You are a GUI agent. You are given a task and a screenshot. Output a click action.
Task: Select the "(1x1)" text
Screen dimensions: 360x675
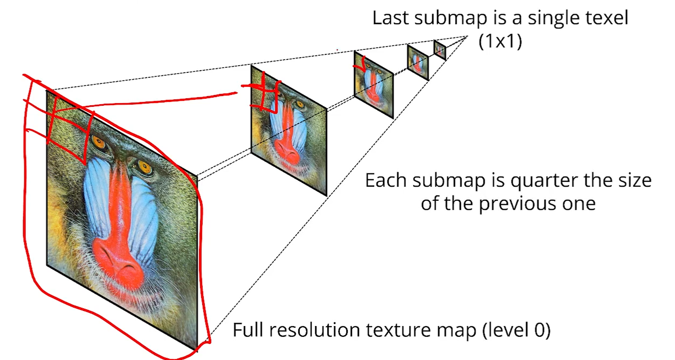500,41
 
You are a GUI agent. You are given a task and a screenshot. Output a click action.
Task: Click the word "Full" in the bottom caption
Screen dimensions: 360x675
248,330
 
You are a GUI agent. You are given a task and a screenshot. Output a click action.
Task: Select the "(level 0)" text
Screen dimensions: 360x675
516,330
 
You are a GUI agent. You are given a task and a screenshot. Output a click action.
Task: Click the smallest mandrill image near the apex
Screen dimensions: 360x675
440,50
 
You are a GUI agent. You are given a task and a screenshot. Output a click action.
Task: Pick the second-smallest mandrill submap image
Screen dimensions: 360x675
418,62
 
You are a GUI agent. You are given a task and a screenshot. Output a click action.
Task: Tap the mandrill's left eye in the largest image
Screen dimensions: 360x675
99,142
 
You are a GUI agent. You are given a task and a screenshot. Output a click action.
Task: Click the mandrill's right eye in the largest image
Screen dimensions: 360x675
144,166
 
